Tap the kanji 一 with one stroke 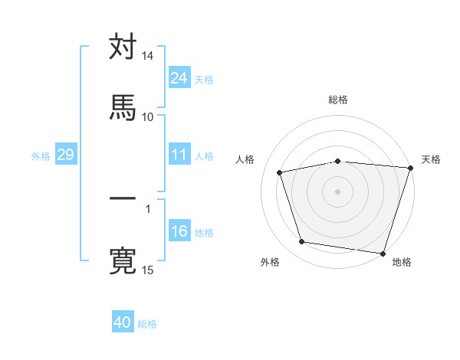click(x=123, y=198)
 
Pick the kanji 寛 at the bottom click(x=123, y=259)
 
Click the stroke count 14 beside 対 click(x=148, y=56)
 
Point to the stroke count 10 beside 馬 click(x=148, y=116)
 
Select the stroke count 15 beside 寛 click(x=148, y=270)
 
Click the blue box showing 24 click(x=179, y=78)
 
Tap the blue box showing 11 click(x=179, y=155)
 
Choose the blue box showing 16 click(x=179, y=231)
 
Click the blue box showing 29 click(x=65, y=155)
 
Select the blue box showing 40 click(x=123, y=322)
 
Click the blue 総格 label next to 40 click(x=148, y=324)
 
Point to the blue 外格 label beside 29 click(x=41, y=156)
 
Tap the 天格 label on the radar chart click(x=431, y=159)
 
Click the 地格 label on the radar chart click(x=402, y=262)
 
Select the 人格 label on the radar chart click(x=245, y=159)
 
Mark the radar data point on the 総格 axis click(x=337, y=161)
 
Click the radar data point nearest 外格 click(x=302, y=242)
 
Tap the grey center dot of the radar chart click(x=337, y=191)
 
